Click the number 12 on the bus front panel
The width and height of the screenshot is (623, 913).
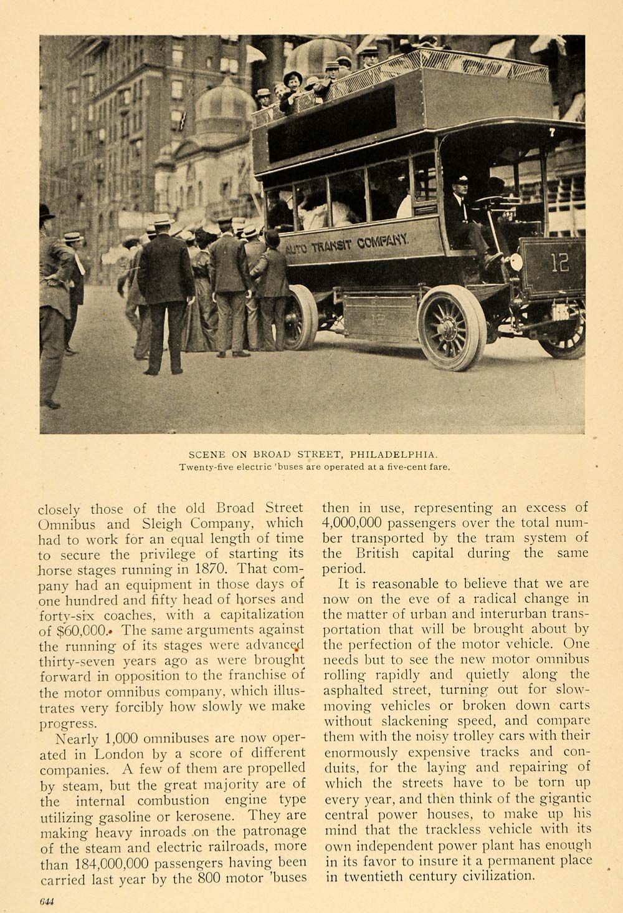[x=559, y=263]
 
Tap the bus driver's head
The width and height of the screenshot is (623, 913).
[x=462, y=185]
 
